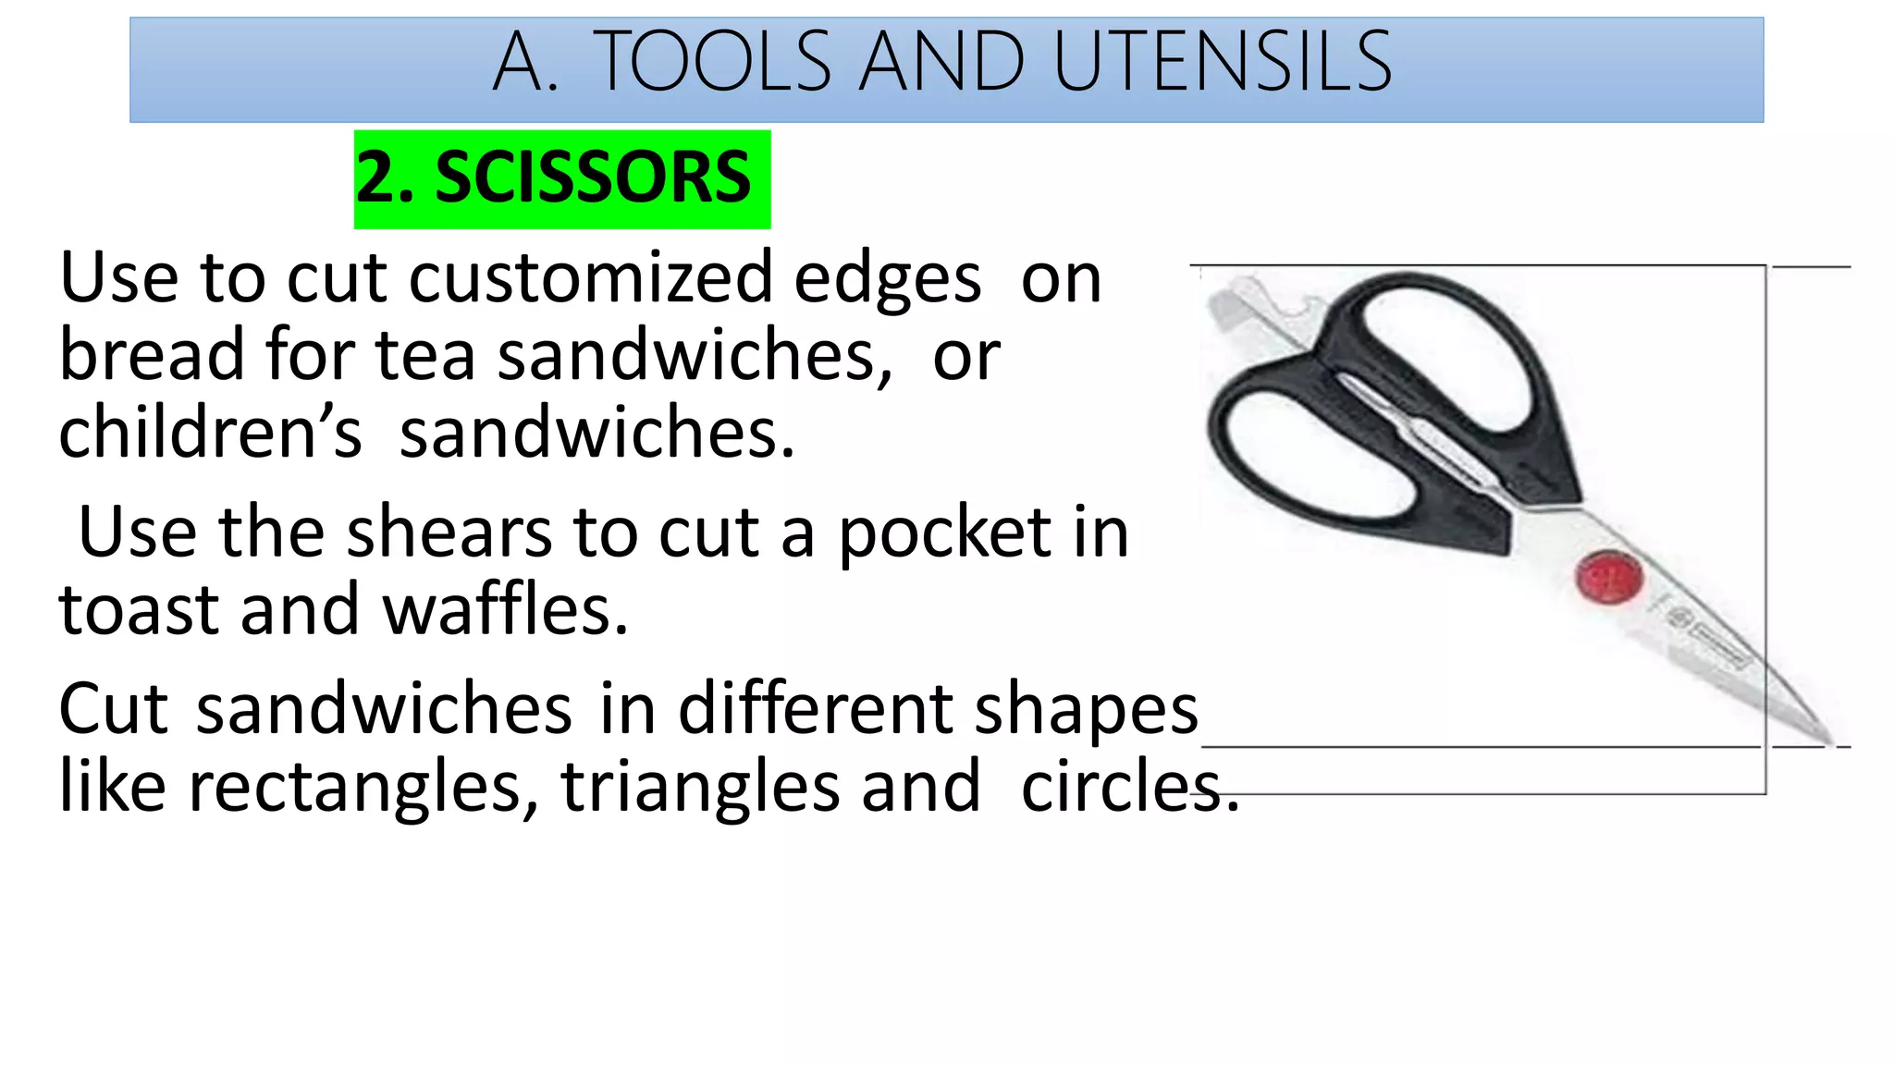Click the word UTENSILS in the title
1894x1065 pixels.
[1222, 62]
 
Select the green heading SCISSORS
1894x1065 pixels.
[593, 177]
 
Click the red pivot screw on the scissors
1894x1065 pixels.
[1609, 577]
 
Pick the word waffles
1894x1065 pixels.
[505, 610]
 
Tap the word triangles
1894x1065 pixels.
[699, 788]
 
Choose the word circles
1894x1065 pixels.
[1129, 788]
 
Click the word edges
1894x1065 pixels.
[887, 280]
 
